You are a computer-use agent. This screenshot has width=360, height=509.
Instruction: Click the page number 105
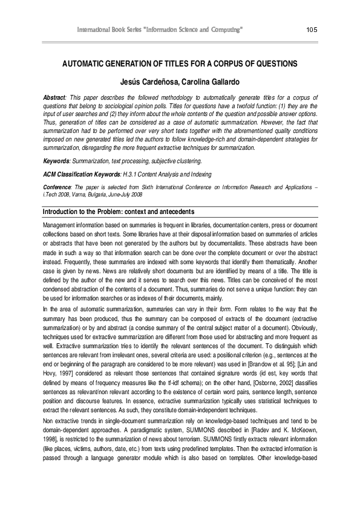(312, 30)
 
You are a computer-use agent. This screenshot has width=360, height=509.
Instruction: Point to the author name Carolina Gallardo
(205, 82)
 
